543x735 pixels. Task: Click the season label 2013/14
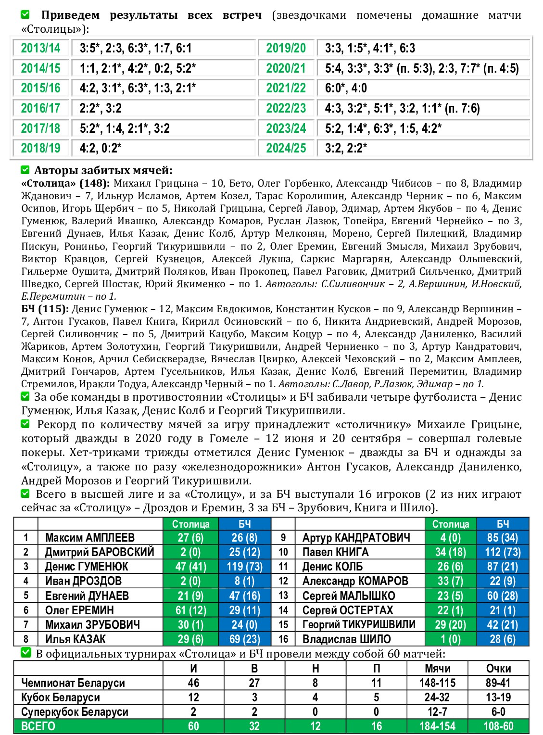coord(40,48)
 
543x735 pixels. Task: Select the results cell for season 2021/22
coord(423,88)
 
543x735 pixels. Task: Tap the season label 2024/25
coord(286,148)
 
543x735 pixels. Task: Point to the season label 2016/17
coord(40,108)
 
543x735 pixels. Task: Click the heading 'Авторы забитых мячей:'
coord(103,170)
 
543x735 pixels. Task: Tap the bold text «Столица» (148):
coord(65,183)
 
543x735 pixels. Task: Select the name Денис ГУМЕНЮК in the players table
coord(87,567)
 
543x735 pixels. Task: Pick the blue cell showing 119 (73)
coord(244,567)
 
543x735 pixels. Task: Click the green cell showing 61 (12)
coord(190,610)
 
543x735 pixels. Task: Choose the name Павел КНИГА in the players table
coord(335,552)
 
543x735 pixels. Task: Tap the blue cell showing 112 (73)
coord(503,552)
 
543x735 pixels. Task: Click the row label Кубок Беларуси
coord(61,697)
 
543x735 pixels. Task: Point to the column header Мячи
coord(437,669)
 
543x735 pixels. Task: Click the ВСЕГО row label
coord(38,726)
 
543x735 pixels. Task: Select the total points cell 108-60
coord(498,726)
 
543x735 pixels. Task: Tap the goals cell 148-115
coord(437,683)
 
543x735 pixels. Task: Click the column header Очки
coord(498,669)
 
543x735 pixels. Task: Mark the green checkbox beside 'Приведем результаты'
coord(25,15)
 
